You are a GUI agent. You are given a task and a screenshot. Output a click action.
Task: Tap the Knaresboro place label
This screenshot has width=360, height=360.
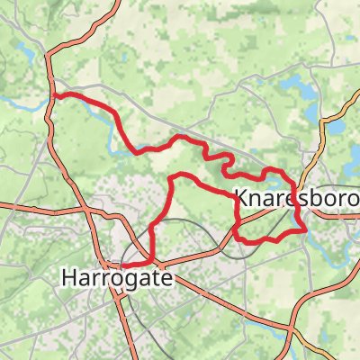point(296,197)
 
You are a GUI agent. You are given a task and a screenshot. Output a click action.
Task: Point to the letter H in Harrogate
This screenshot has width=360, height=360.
point(69,279)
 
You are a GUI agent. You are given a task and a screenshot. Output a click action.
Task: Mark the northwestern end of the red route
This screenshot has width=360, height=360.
point(54,94)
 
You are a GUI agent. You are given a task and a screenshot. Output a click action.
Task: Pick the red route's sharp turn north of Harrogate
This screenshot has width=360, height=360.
point(172,180)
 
